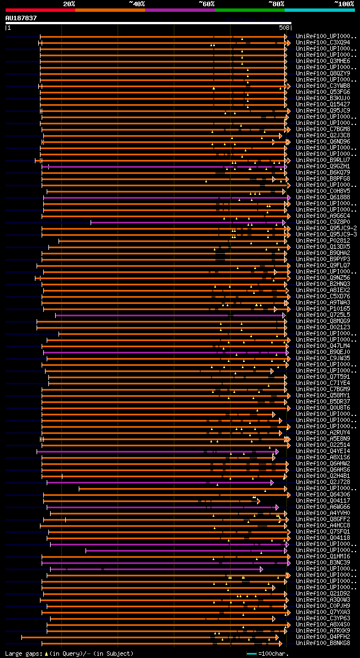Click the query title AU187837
click(21, 18)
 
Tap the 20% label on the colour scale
click(69, 4)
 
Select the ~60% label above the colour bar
click(206, 4)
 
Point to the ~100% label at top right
click(344, 4)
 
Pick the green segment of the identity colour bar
click(249, 10)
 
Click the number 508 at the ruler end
click(284, 28)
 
